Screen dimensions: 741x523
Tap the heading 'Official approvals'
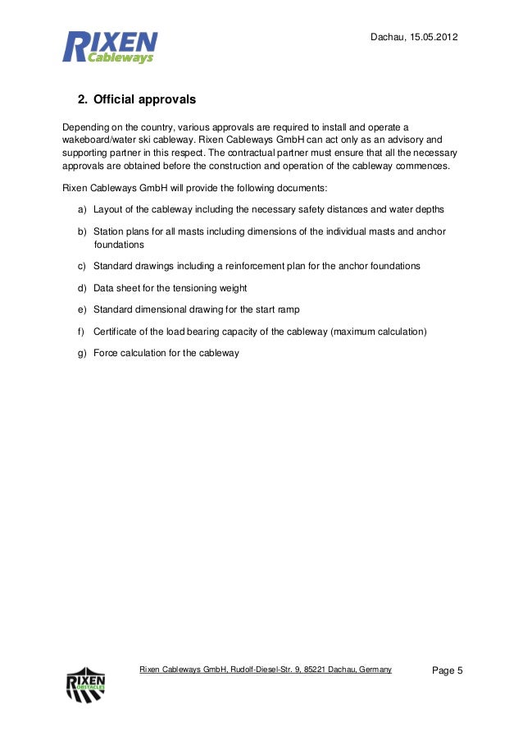pos(145,100)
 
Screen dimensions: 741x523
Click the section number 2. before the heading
pos(82,100)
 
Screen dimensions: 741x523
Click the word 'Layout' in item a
pos(109,209)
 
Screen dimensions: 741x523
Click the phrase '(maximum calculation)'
pos(380,332)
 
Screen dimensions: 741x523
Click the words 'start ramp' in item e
pos(274,309)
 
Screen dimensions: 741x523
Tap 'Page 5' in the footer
pos(448,671)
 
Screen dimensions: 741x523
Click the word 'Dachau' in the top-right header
pos(386,39)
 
